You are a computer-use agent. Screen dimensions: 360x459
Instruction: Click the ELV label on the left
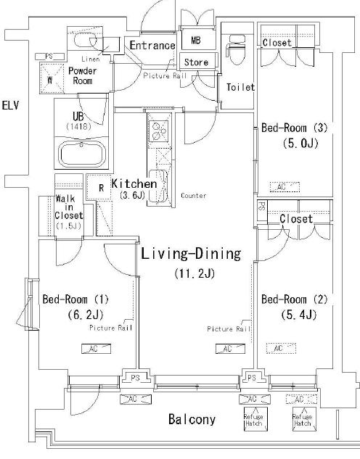10,105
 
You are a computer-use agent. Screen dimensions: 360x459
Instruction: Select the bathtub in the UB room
81,154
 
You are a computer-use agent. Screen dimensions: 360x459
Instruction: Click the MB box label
196,40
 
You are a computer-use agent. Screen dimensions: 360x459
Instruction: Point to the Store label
196,62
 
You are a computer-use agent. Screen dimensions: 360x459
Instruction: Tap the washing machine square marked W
52,79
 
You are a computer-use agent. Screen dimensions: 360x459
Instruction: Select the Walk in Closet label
69,212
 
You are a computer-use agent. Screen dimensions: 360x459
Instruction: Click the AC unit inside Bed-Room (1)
96,349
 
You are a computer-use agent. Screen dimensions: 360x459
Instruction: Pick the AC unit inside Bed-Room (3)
285,187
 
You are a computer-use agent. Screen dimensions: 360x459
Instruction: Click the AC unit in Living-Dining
230,349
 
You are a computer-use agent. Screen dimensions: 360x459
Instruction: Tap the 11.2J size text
195,273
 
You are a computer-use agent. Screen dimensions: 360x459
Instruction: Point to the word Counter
193,196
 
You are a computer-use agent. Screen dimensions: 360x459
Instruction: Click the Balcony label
192,420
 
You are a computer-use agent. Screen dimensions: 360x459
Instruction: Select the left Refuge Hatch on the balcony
255,419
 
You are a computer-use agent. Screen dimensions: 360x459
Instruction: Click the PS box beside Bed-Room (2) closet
262,210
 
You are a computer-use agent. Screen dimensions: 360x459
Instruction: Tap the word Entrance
152,46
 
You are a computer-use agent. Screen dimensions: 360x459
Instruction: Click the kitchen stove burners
158,131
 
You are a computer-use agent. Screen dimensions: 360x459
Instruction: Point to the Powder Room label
82,75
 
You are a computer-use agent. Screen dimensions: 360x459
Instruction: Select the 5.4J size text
299,315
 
